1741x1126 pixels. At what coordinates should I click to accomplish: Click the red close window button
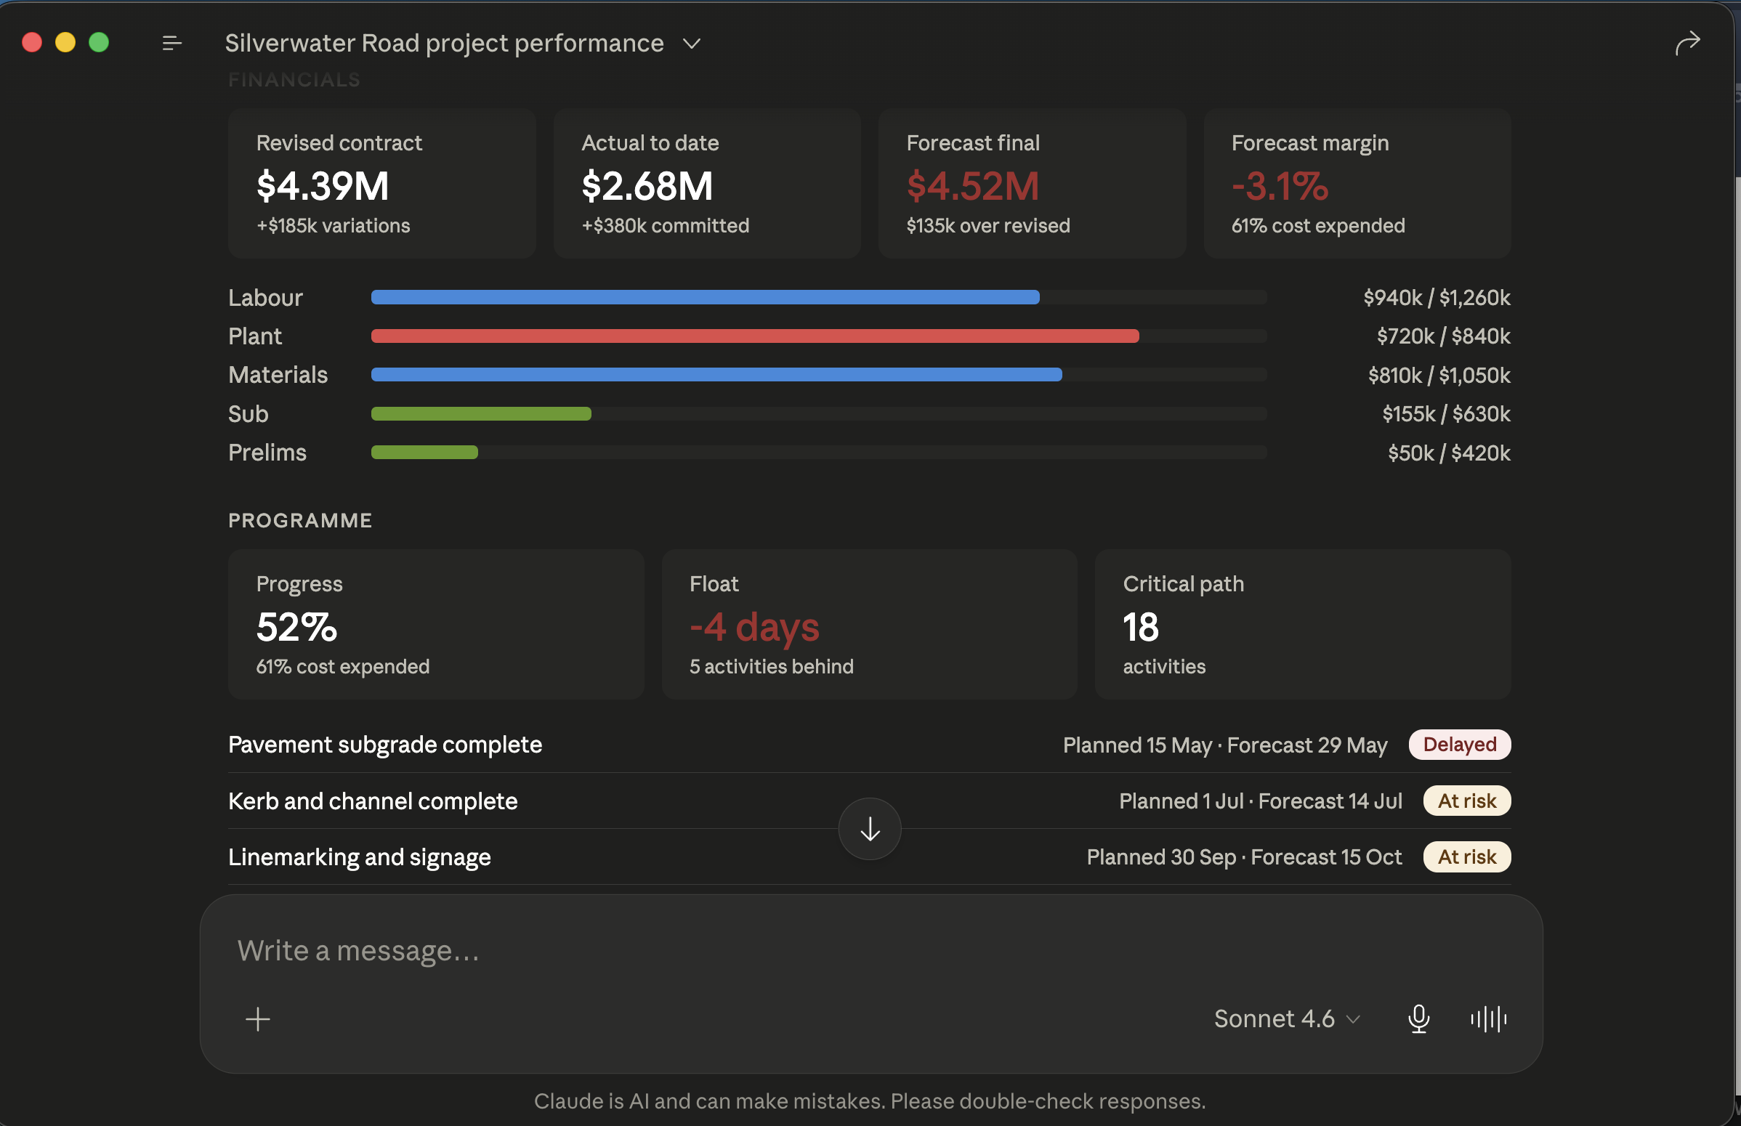tap(32, 42)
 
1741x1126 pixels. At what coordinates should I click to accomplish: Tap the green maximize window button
tap(99, 42)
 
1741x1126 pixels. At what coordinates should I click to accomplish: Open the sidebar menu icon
tap(171, 44)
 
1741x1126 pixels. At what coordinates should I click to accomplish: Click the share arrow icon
tap(1688, 43)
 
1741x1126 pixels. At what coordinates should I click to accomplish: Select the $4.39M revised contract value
tap(323, 186)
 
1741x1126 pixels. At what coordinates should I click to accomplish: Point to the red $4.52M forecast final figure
tap(972, 186)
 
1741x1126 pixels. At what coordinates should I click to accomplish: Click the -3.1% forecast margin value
tap(1280, 186)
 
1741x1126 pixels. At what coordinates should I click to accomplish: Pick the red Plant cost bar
tap(756, 336)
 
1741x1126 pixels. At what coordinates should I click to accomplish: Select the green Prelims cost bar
tap(425, 453)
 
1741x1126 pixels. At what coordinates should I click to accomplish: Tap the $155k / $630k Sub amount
tap(1446, 414)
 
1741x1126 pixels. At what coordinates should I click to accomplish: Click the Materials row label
tap(278, 375)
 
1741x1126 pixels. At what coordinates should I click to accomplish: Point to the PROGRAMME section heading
tap(301, 521)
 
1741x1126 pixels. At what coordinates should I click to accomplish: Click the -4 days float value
tap(755, 628)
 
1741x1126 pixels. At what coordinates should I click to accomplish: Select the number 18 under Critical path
tap(1141, 628)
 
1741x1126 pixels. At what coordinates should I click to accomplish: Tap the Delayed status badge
tap(1460, 745)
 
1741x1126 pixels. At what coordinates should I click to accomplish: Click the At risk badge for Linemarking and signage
tap(1467, 857)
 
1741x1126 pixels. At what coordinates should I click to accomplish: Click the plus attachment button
tap(257, 1019)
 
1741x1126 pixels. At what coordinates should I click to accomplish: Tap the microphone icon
tap(1418, 1019)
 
